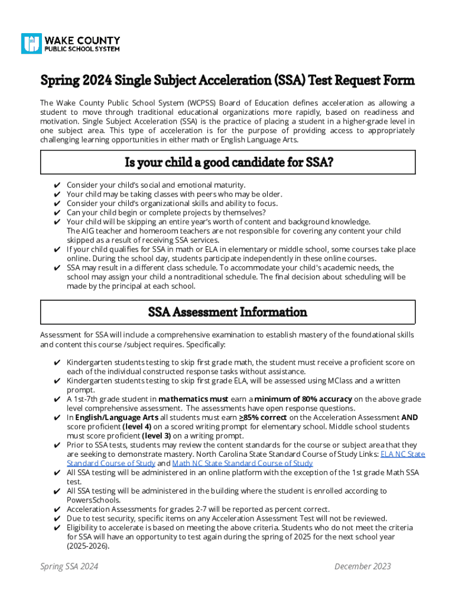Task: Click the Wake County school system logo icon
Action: click(x=31, y=43)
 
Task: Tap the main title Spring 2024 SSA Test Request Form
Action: click(x=227, y=80)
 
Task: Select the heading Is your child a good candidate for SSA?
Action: click(x=228, y=162)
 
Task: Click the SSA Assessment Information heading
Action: click(x=227, y=312)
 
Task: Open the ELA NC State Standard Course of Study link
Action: click(x=402, y=454)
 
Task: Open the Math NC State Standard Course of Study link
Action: click(x=242, y=463)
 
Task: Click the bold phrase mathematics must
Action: click(x=193, y=399)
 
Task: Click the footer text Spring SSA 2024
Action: click(x=69, y=566)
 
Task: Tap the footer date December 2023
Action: click(x=362, y=566)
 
